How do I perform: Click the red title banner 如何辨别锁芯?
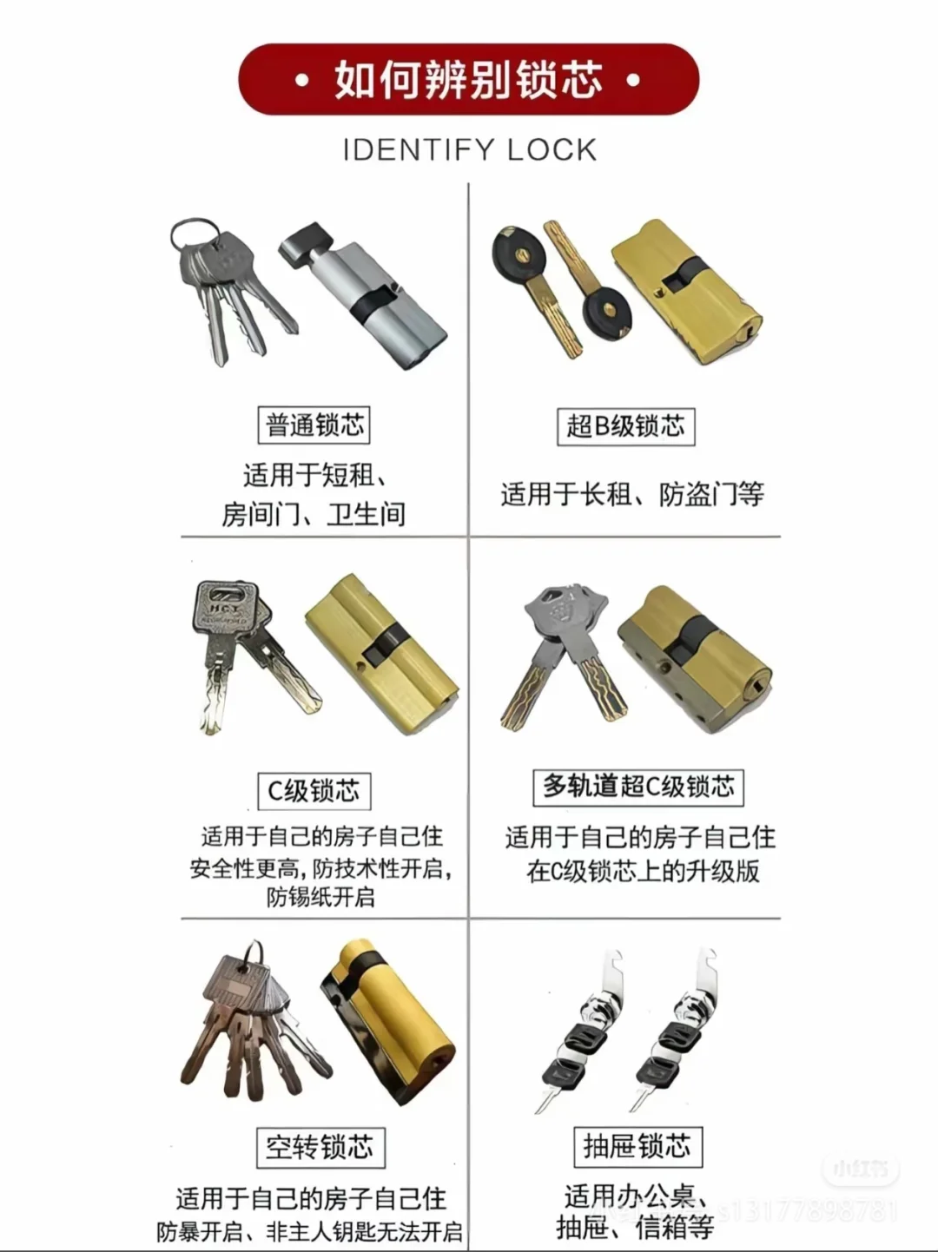tap(468, 80)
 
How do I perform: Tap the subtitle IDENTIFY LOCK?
tap(469, 150)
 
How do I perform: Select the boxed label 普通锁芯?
tap(314, 425)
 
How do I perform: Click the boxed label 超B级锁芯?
tap(625, 426)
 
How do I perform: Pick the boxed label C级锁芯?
tap(314, 791)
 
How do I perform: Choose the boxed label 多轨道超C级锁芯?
tap(637, 787)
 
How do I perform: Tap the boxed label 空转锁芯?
tap(320, 1147)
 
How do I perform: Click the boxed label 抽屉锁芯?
tap(637, 1146)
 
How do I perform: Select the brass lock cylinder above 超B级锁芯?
tap(686, 291)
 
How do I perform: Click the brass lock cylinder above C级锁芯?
tap(382, 651)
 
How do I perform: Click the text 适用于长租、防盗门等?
tap(631, 495)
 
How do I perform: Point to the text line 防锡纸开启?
tap(320, 897)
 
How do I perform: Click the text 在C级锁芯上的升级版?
tap(642, 871)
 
